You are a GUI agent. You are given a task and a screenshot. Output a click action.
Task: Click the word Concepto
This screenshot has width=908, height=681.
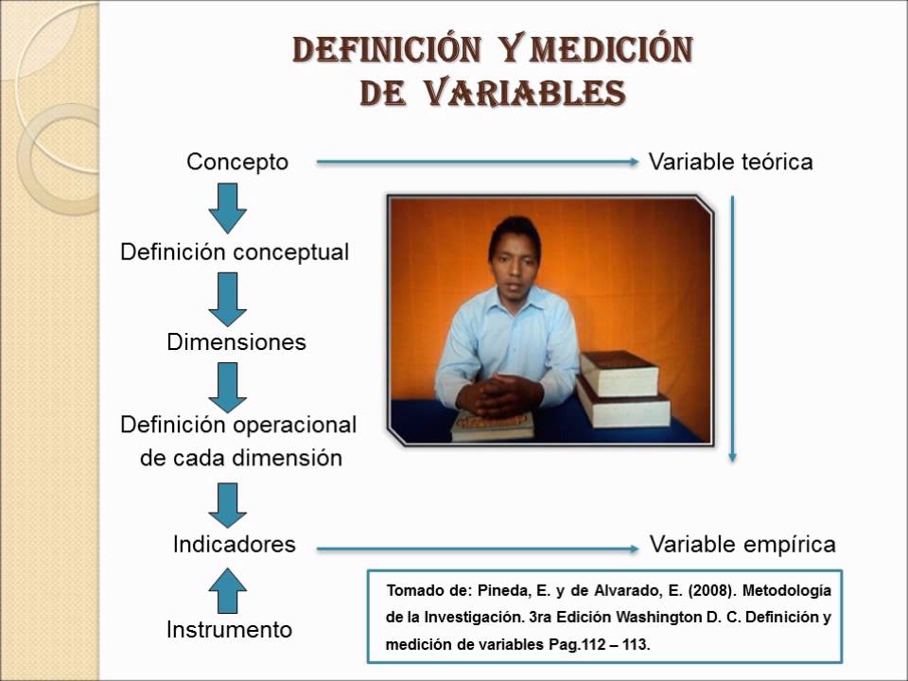tap(237, 162)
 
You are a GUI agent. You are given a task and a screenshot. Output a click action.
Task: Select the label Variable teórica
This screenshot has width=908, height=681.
tap(731, 162)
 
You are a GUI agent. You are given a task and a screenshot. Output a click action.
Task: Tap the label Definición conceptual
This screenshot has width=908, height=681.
tap(235, 253)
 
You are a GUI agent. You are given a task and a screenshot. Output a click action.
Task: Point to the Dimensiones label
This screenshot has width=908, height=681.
tap(236, 342)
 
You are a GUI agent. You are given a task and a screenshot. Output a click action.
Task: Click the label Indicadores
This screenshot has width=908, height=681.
tap(234, 545)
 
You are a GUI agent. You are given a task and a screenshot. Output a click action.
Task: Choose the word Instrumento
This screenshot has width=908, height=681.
tap(229, 630)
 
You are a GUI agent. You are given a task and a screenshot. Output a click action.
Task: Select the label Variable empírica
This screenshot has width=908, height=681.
tap(742, 545)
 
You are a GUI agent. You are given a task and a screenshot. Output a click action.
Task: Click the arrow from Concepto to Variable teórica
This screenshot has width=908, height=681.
tap(478, 163)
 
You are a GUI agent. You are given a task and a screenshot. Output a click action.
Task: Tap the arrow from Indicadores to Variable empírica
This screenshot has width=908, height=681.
tap(478, 549)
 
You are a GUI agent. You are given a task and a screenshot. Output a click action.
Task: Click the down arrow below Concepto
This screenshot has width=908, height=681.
tap(227, 208)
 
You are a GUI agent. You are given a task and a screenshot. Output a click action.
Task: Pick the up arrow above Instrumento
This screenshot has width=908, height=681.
tap(227, 590)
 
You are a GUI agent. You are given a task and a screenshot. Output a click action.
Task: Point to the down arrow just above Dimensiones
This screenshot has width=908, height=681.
tap(227, 299)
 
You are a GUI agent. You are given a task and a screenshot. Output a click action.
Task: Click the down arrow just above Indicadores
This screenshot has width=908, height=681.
tap(227, 503)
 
